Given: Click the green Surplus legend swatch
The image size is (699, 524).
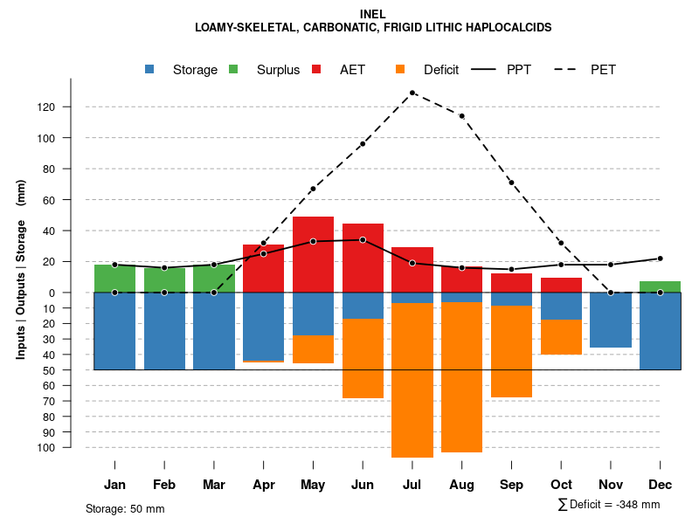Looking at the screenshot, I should (x=233, y=69).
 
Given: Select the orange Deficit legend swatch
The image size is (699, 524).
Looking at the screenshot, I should (x=400, y=69).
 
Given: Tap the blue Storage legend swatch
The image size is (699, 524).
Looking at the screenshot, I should (x=150, y=69).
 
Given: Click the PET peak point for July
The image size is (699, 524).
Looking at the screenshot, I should (x=412, y=93).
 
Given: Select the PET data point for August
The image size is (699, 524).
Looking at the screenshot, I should (x=461, y=116).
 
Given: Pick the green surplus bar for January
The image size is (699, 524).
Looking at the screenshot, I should (x=114, y=278).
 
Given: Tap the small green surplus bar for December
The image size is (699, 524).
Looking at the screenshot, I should (x=661, y=286).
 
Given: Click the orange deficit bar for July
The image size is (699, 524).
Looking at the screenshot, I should (x=412, y=380).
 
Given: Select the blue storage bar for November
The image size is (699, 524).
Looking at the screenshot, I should (x=611, y=320).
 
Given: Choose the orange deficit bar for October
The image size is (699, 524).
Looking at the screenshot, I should (x=561, y=337).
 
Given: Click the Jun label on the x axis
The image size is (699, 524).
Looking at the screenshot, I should (x=363, y=485).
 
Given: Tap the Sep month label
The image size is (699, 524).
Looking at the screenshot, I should (x=511, y=485).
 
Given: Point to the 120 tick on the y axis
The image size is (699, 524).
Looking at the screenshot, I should (x=71, y=107).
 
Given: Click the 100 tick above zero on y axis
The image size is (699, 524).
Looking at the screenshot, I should (x=71, y=138).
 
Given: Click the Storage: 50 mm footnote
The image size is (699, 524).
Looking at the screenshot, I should (x=125, y=508).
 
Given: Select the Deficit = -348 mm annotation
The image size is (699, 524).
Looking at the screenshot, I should (x=609, y=504).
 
